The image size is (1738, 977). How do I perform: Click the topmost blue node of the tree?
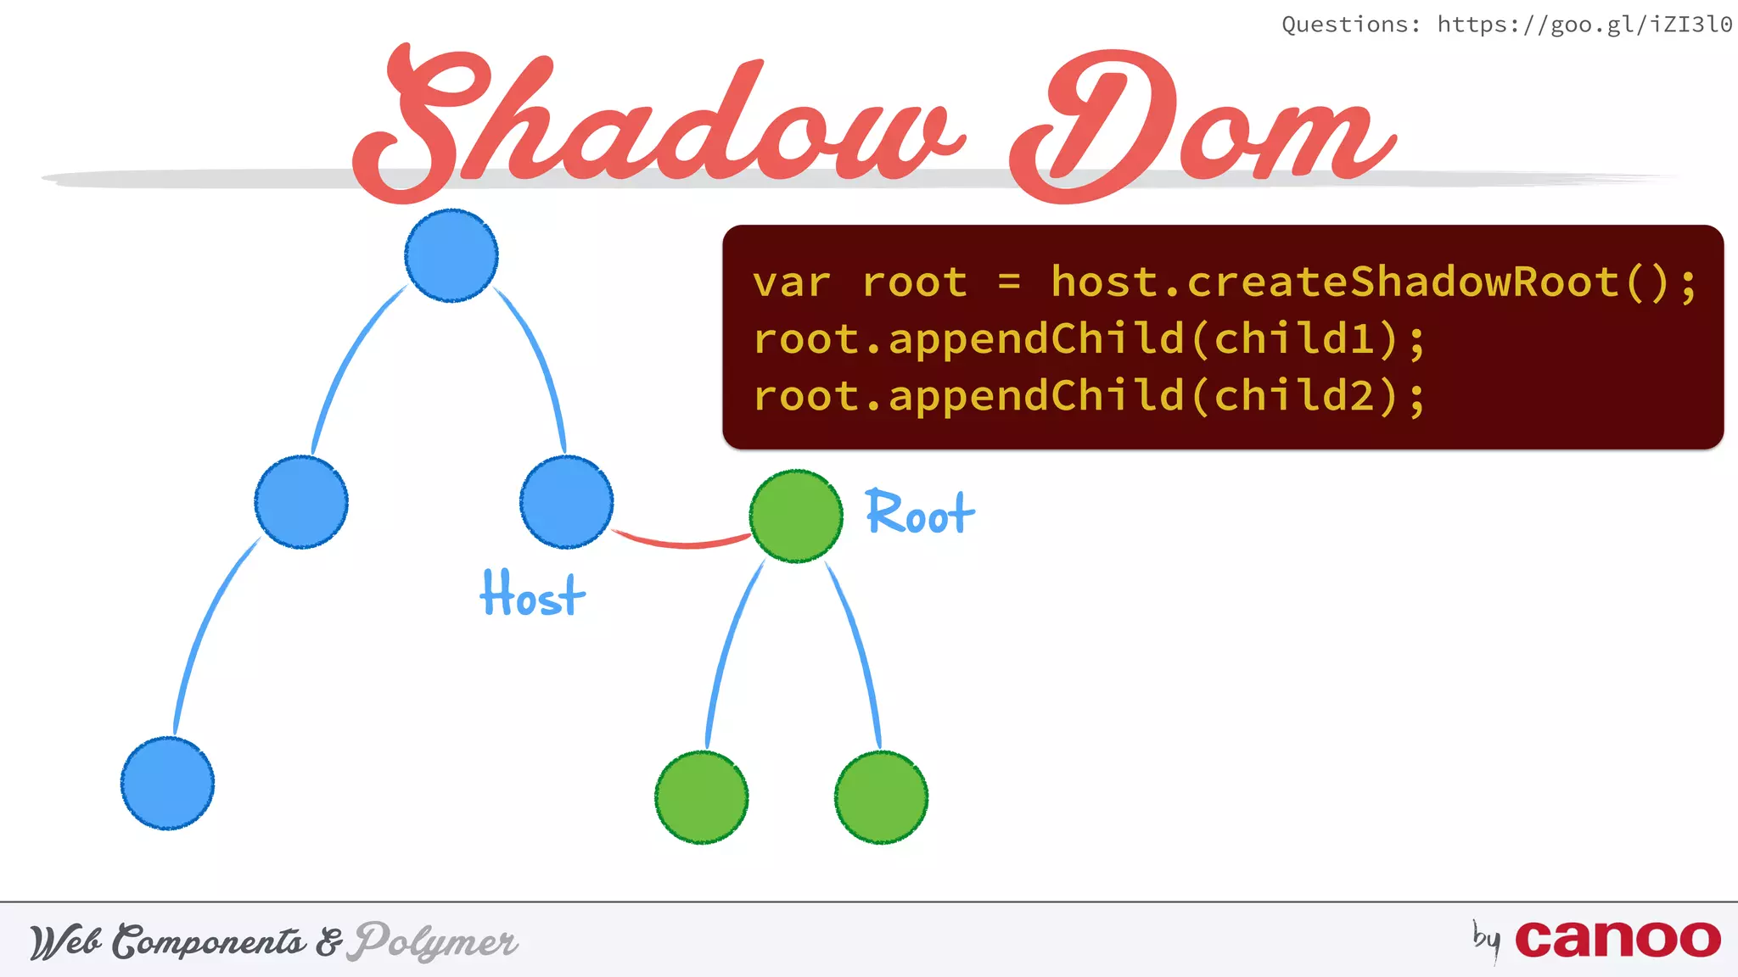point(451,255)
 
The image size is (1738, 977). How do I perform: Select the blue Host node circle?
point(566,502)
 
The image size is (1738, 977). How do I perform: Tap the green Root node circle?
point(796,516)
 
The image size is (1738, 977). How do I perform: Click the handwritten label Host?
point(532,595)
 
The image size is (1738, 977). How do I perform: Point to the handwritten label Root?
point(920,513)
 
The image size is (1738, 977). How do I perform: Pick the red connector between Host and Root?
point(681,541)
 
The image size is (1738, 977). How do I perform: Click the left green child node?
point(702,797)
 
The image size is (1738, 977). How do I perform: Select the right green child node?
point(881,797)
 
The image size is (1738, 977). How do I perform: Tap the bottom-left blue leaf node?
point(167,783)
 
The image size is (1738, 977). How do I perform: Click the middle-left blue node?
point(301,502)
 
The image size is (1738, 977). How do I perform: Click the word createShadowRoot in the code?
point(1403,282)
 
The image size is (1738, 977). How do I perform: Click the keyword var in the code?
point(791,282)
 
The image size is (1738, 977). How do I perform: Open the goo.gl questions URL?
point(1584,25)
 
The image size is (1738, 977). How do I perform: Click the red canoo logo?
point(1617,940)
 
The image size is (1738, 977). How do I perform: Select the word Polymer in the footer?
point(435,942)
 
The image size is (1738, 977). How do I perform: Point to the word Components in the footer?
point(210,942)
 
